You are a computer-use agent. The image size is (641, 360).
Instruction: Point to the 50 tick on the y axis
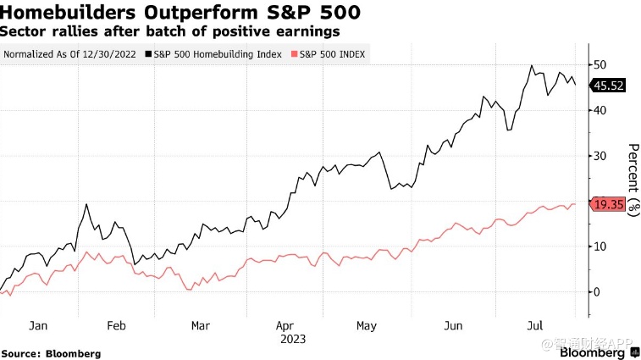[599, 65]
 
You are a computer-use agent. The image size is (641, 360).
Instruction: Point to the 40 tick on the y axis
[599, 110]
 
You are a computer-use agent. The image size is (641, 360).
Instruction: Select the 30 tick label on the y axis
[599, 156]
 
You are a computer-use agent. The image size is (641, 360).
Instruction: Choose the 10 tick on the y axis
[599, 246]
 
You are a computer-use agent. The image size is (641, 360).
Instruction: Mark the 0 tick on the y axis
[596, 292]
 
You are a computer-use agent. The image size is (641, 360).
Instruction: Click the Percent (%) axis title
[632, 180]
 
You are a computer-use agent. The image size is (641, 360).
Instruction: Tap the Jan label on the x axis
[36, 324]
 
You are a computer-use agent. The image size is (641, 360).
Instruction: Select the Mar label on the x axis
[200, 324]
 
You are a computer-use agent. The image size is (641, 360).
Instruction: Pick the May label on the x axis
[367, 324]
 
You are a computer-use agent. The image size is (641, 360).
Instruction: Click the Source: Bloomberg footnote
[51, 353]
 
